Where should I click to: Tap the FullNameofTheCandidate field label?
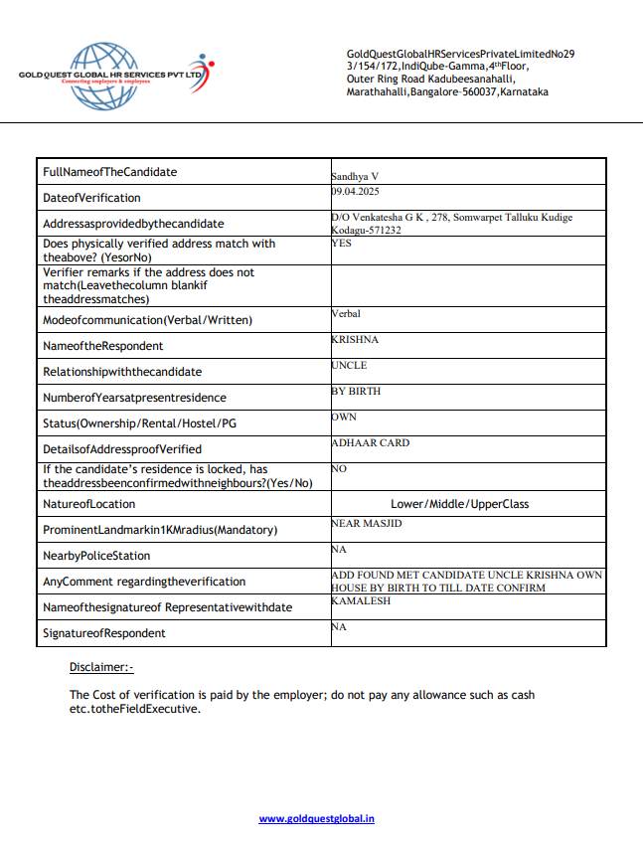click(x=109, y=172)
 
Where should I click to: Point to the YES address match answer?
click(x=341, y=241)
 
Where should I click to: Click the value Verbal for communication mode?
click(x=346, y=313)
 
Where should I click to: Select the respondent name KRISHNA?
click(x=355, y=339)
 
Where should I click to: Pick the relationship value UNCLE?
click(x=349, y=365)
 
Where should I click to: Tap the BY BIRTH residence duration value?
click(x=356, y=391)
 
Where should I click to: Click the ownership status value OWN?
click(x=344, y=417)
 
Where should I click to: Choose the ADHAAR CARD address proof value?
click(x=370, y=442)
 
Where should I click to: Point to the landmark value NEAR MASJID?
click(x=366, y=523)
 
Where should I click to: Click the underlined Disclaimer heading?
click(x=101, y=667)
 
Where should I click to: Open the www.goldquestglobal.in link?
click(x=316, y=819)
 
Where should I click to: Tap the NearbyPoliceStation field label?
click(x=96, y=556)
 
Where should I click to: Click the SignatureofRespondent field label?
click(x=104, y=633)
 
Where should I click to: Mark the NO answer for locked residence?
click(x=339, y=468)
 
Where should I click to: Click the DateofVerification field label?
click(x=91, y=198)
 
